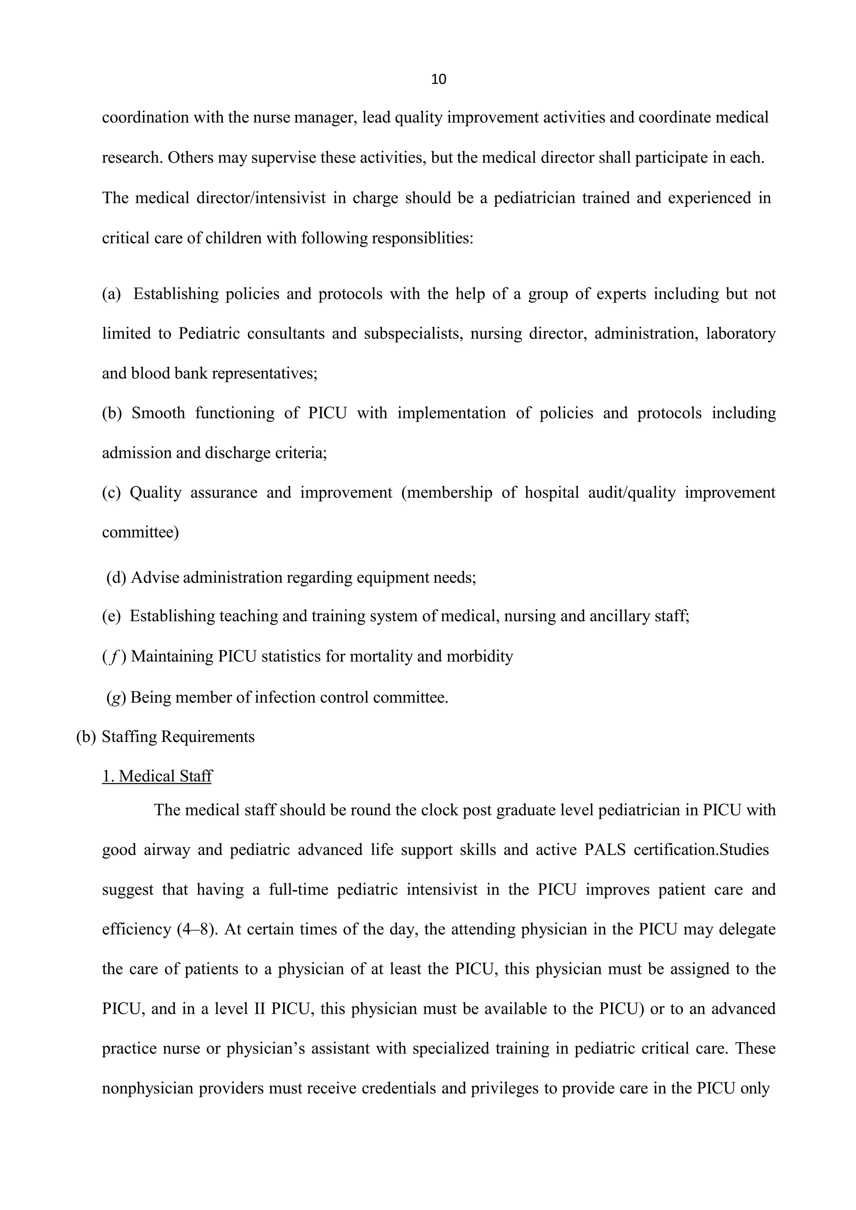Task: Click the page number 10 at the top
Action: point(438,79)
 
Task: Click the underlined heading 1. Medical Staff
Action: point(157,776)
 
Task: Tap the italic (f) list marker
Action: point(114,657)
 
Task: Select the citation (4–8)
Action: point(198,929)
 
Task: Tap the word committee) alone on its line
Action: point(140,532)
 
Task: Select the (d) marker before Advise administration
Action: point(116,577)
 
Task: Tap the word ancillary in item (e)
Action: point(620,616)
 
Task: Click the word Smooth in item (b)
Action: point(158,413)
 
